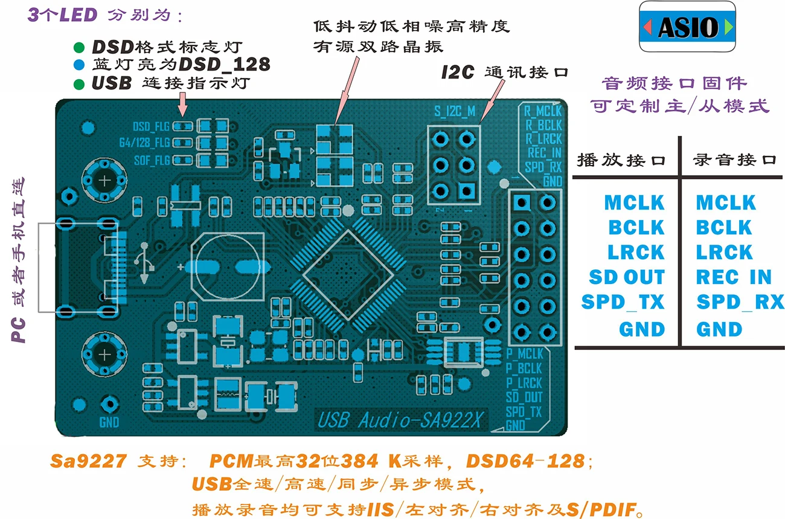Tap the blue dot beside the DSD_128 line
pyautogui.click(x=79, y=64)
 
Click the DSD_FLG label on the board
pyautogui.click(x=152, y=126)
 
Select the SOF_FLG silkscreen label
pyautogui.click(x=152, y=161)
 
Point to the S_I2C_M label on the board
pyautogui.click(x=455, y=111)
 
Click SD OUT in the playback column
pyautogui.click(x=627, y=277)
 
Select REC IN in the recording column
pyautogui.click(x=734, y=277)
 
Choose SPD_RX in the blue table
pyautogui.click(x=740, y=301)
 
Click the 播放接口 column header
pyautogui.click(x=621, y=160)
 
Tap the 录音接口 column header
pyautogui.click(x=734, y=160)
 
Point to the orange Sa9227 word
pyautogui.click(x=88, y=462)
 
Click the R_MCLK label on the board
pyautogui.click(x=542, y=111)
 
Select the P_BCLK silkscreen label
pyautogui.click(x=524, y=368)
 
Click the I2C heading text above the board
pyautogui.click(x=457, y=73)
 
